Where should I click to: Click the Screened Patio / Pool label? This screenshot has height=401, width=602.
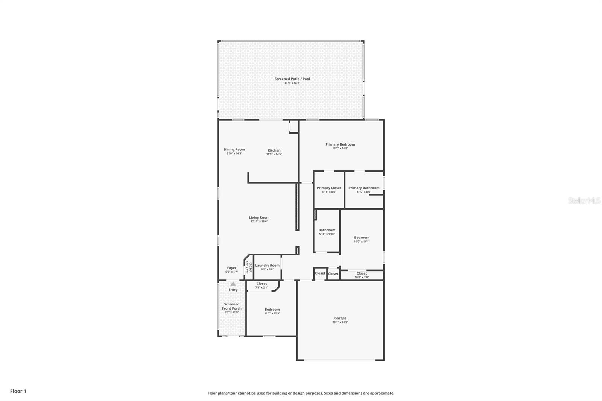292,79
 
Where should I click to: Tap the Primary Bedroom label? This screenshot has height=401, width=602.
340,144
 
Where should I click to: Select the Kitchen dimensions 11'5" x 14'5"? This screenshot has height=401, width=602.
274,154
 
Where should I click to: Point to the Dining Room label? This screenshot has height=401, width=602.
234,149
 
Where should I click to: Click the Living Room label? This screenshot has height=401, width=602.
259,217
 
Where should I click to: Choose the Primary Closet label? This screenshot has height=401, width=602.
329,188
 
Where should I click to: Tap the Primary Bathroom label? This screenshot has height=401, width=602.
364,188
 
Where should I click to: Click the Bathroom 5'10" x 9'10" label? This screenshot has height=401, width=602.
327,230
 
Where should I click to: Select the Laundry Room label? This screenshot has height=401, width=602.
267,266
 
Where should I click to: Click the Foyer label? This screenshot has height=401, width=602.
231,268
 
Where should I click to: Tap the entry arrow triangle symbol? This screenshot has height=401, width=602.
233,284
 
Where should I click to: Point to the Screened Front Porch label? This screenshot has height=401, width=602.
232,306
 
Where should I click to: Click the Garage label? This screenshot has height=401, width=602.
340,318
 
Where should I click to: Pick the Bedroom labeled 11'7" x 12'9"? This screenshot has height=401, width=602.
272,310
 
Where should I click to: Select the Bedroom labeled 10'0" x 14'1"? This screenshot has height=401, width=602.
362,238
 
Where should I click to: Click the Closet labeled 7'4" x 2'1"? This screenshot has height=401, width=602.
261,284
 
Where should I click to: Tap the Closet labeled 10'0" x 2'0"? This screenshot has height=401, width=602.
362,273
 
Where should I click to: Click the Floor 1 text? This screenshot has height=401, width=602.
18,391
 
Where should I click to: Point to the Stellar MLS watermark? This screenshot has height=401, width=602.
584,201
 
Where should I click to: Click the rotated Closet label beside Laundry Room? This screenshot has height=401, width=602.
249,267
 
